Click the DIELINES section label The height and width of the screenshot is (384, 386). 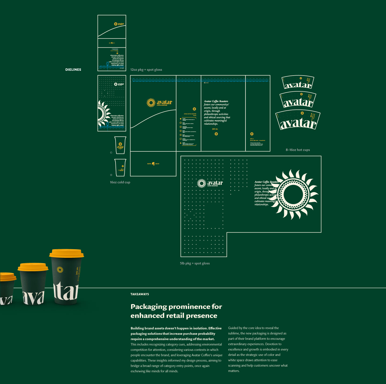[73, 70]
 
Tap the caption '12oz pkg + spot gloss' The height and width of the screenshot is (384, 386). [146, 70]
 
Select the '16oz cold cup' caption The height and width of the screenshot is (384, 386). [120, 182]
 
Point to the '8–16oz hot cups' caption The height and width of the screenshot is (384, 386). [298, 150]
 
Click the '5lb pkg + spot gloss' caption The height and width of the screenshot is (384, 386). [195, 263]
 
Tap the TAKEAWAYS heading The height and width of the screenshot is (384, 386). [140, 294]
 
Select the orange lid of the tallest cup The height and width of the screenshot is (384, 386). [66, 253]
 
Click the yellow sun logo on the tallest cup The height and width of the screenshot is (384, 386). [60, 270]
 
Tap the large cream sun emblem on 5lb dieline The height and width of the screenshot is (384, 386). [296, 194]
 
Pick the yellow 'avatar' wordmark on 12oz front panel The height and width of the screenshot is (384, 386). [164, 102]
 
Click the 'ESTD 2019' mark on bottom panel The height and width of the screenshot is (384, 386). [153, 164]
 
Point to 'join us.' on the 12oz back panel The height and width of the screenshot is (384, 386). [215, 129]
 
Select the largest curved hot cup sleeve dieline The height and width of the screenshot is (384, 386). [298, 120]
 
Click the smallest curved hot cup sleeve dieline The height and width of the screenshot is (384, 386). [298, 82]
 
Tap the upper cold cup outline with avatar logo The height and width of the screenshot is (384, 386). [120, 145]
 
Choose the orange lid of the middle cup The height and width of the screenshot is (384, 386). [33, 267]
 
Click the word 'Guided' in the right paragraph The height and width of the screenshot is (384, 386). [233, 328]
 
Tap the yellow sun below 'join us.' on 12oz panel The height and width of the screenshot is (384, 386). [216, 134]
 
